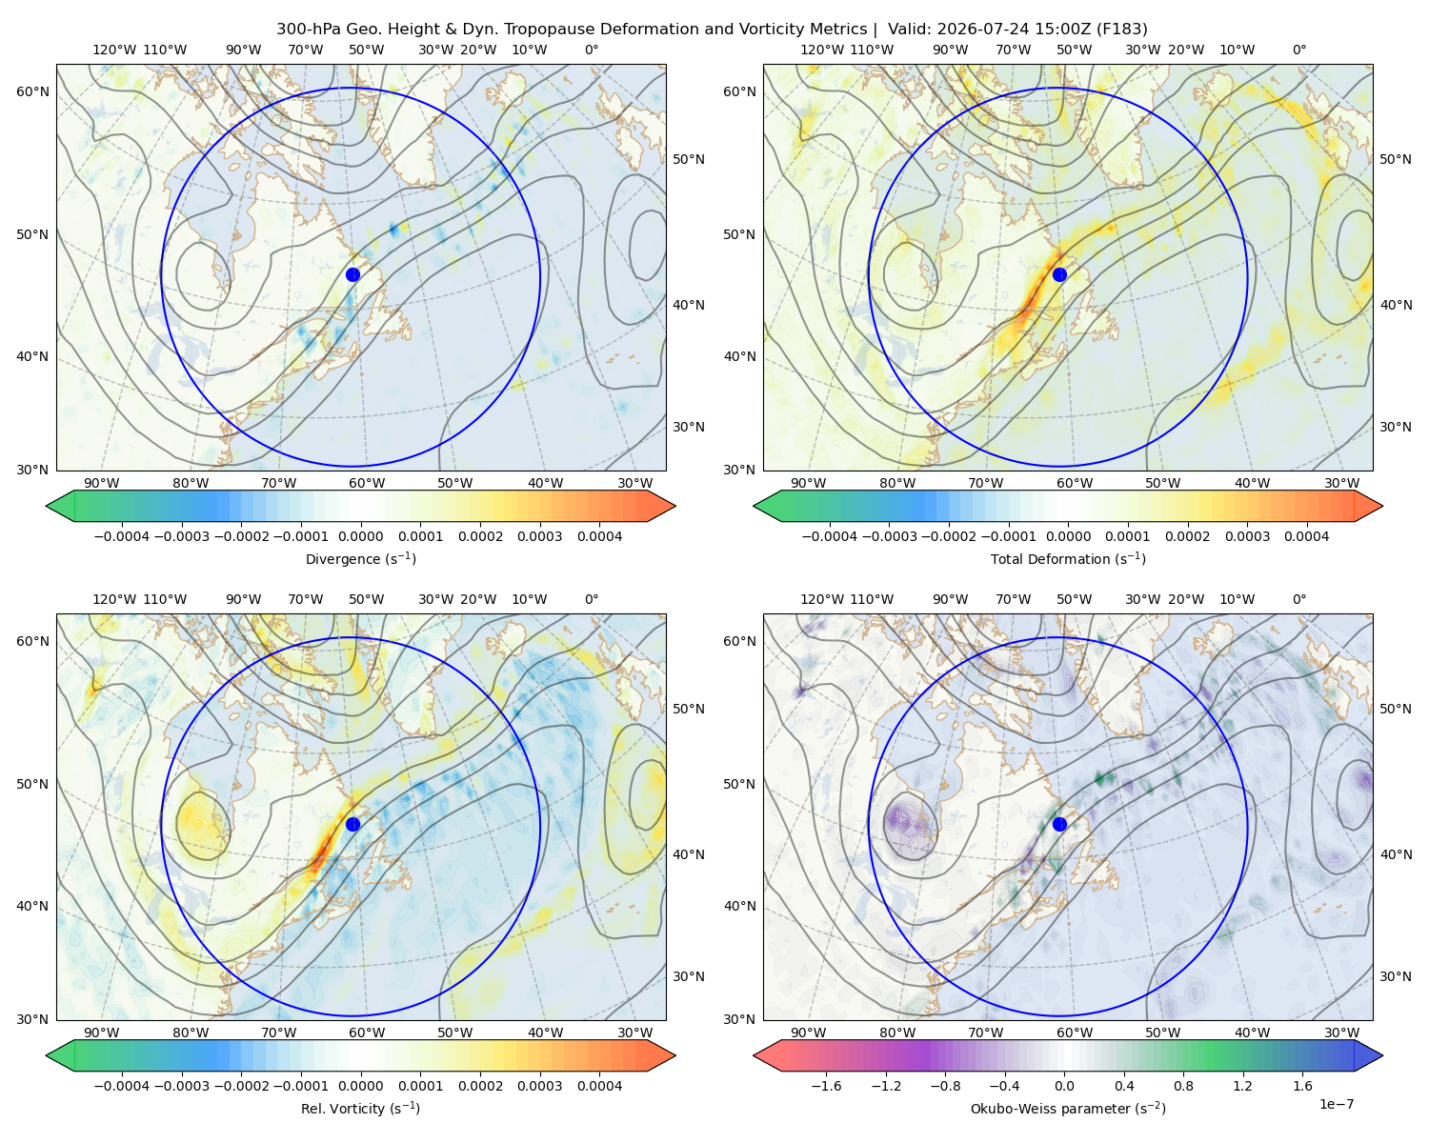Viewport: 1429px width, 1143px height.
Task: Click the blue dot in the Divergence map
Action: pyautogui.click(x=352, y=274)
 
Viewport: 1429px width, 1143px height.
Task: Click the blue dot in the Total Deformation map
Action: pyautogui.click(x=1059, y=274)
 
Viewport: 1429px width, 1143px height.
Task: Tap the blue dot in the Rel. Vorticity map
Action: pyautogui.click(x=352, y=824)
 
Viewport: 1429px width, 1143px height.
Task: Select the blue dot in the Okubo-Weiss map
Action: pyautogui.click(x=1059, y=824)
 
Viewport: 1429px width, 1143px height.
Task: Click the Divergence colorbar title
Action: pyautogui.click(x=360, y=558)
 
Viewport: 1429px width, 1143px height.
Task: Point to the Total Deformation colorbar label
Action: pyautogui.click(x=1068, y=558)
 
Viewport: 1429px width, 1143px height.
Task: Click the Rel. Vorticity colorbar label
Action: pyautogui.click(x=360, y=1108)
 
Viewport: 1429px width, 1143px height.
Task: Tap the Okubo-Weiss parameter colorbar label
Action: pyautogui.click(x=1068, y=1108)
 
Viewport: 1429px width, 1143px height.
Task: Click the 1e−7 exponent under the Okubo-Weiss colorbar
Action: pyautogui.click(x=1336, y=1104)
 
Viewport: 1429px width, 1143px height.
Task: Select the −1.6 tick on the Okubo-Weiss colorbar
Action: pyautogui.click(x=826, y=1085)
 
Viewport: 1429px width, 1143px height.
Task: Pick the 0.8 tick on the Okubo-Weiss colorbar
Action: pyautogui.click(x=1183, y=1085)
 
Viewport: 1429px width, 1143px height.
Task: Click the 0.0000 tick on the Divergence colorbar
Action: pyautogui.click(x=360, y=536)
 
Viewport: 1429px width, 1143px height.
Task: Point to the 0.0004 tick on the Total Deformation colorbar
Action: pyautogui.click(x=1306, y=536)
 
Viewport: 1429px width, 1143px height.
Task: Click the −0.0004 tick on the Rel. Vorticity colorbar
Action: pyautogui.click(x=122, y=1085)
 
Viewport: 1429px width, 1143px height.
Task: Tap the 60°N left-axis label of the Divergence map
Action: pyautogui.click(x=32, y=91)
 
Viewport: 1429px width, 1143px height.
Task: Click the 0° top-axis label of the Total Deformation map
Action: pyautogui.click(x=1298, y=50)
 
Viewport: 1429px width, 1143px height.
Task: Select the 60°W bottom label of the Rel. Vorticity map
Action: pyautogui.click(x=367, y=1033)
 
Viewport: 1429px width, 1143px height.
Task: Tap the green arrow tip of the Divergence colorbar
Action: pyautogui.click(x=48, y=506)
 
